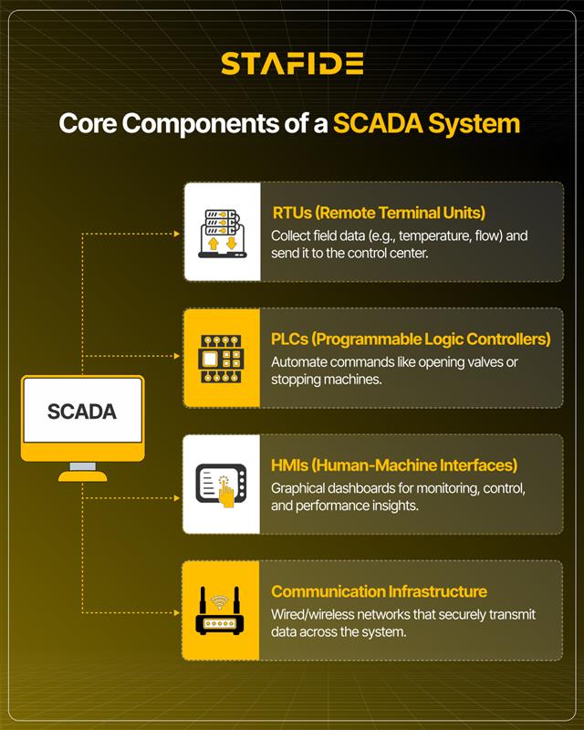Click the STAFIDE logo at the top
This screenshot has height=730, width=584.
point(292,63)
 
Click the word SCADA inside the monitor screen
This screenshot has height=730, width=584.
point(82,412)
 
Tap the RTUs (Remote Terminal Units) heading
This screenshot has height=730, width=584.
point(379,213)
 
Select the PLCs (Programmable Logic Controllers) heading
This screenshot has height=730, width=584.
point(411,339)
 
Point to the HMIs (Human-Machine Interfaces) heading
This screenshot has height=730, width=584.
point(394,465)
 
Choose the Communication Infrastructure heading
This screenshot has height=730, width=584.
point(379,591)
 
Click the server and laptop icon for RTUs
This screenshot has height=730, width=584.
point(222,234)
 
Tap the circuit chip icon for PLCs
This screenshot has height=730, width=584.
point(221,359)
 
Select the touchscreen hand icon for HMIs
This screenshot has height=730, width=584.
point(221,485)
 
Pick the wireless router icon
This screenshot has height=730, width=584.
point(220,610)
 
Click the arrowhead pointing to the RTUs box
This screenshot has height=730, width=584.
point(177,234)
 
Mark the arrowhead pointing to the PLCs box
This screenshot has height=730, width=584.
point(177,356)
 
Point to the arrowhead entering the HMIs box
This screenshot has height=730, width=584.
point(177,498)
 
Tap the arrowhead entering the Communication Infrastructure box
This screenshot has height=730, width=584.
point(177,612)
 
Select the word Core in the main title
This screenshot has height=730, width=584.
point(88,124)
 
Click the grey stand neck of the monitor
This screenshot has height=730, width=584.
point(83,466)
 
